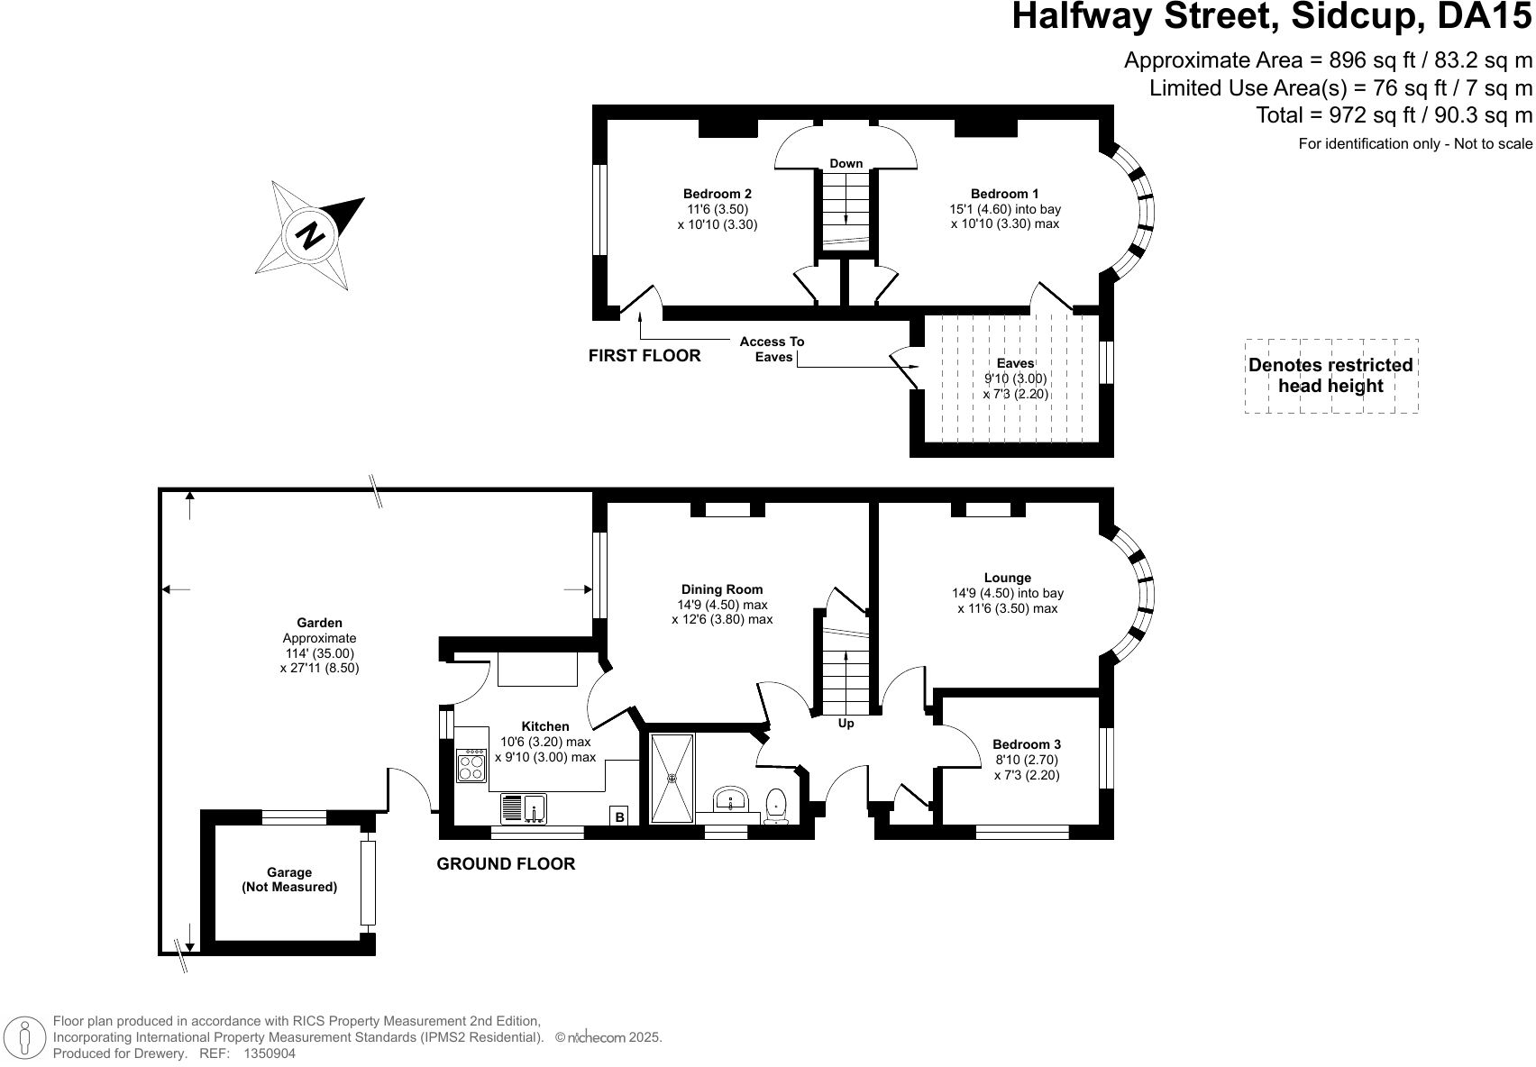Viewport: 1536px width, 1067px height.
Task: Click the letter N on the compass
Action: point(311,235)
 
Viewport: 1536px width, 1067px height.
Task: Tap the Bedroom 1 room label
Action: point(1004,194)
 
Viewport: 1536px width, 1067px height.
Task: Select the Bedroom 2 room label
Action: point(717,194)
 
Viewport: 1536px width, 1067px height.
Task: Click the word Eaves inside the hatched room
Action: point(1015,363)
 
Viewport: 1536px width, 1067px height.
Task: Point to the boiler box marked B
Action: point(619,816)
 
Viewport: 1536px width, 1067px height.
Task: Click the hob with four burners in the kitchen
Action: point(471,766)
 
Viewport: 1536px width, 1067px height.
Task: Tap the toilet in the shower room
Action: point(776,805)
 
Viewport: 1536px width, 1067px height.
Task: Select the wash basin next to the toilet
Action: point(728,800)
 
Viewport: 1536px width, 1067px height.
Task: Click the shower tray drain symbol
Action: point(672,778)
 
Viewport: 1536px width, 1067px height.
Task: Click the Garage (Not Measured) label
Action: point(289,880)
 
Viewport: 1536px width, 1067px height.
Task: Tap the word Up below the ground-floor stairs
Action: point(846,723)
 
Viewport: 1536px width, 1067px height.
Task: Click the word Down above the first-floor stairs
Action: point(846,163)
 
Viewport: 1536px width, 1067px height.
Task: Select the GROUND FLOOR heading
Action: point(506,864)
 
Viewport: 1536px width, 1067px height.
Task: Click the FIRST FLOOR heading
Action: point(644,356)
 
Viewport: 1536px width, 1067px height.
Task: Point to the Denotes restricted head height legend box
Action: point(1330,376)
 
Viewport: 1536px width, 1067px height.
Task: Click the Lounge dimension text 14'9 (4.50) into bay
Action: point(1007,593)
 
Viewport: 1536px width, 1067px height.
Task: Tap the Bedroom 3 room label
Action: point(1026,744)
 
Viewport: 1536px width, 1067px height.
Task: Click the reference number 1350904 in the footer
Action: point(270,1053)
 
